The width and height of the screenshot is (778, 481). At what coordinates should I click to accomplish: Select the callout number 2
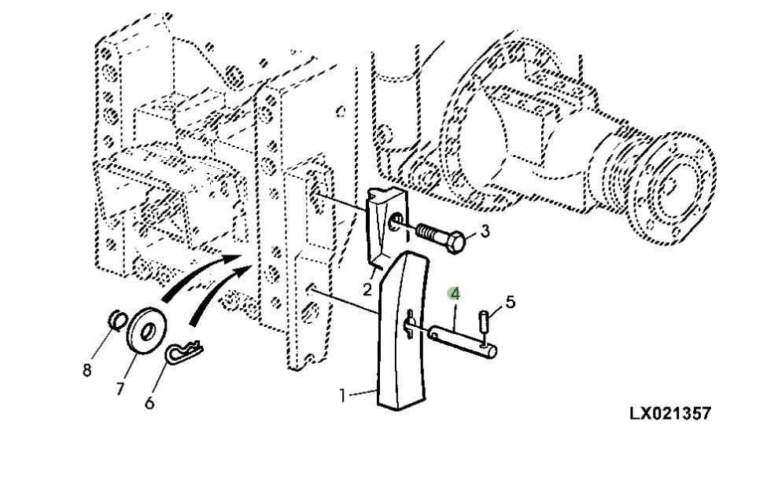(367, 289)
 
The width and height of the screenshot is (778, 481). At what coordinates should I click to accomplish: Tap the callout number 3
(485, 231)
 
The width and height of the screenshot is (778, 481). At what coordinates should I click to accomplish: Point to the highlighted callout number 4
(455, 293)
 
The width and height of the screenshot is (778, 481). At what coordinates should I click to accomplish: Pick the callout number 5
(510, 302)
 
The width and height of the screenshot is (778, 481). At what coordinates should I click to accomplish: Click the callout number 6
(149, 402)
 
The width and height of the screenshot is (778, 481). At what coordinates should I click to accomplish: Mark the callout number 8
(87, 369)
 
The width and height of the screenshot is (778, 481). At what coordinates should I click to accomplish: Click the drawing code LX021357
(671, 413)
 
